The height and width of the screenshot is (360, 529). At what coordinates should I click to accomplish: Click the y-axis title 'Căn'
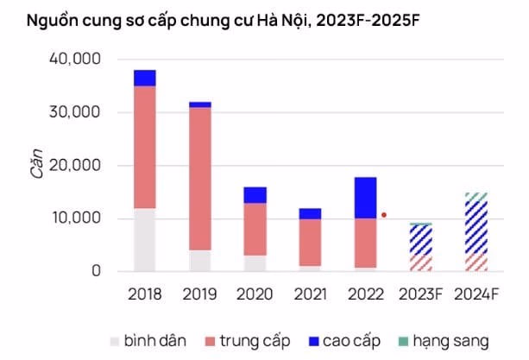pyautogui.click(x=37, y=165)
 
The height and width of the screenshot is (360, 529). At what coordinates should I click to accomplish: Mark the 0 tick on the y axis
pyautogui.click(x=97, y=271)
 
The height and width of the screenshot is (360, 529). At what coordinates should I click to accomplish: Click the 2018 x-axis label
pyautogui.click(x=145, y=294)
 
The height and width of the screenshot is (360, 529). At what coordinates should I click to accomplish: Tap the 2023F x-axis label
pyautogui.click(x=420, y=294)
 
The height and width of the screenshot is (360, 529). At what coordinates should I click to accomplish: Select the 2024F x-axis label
pyautogui.click(x=476, y=294)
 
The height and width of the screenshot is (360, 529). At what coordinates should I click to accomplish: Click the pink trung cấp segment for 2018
pyautogui.click(x=145, y=147)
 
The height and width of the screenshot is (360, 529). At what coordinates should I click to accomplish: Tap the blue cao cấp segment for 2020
pyautogui.click(x=255, y=195)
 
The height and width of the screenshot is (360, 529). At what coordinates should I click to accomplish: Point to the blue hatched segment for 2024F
pyautogui.click(x=475, y=226)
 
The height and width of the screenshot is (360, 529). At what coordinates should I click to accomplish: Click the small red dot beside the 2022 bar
pyautogui.click(x=384, y=215)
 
